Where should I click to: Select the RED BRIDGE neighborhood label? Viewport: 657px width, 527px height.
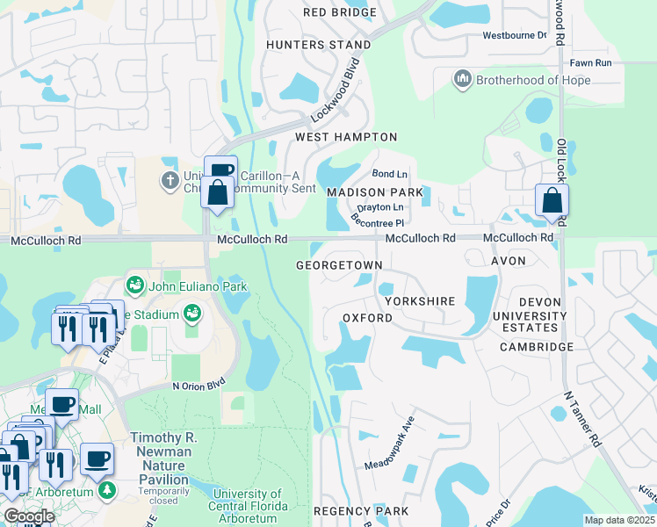[339, 12]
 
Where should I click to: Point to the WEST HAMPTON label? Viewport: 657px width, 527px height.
[346, 137]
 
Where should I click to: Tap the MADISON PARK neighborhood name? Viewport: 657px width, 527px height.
[374, 192]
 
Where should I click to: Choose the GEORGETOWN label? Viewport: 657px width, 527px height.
[339, 264]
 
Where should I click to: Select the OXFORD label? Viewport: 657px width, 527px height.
[366, 317]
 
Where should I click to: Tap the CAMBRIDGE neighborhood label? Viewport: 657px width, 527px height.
[536, 347]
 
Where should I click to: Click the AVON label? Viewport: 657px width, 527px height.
[508, 261]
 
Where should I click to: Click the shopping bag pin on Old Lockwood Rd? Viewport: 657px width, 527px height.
[552, 200]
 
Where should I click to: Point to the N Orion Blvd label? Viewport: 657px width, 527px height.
[199, 385]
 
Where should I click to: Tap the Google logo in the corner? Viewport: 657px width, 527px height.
[29, 516]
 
